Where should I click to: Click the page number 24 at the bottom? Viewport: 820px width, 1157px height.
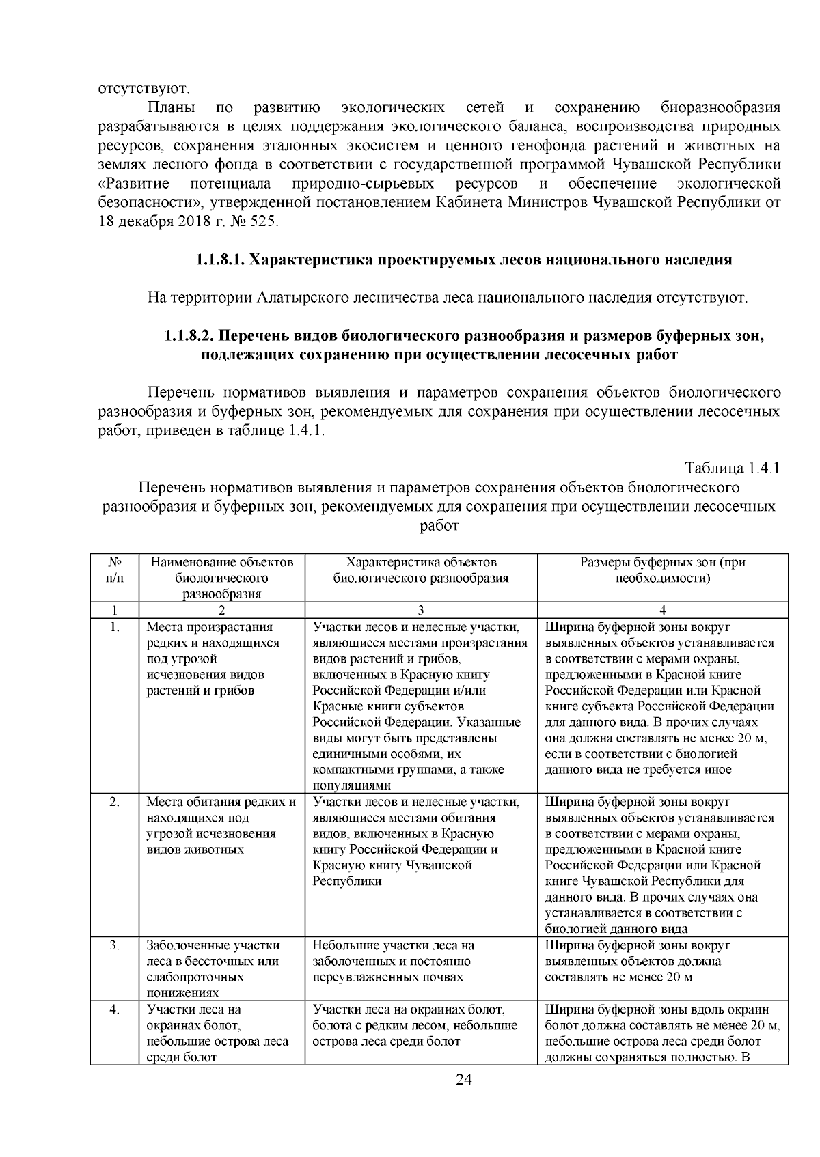pyautogui.click(x=463, y=1080)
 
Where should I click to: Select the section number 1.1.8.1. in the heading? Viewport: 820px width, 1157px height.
pyautogui.click(x=219, y=260)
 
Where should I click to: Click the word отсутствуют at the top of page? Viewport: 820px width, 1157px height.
pyautogui.click(x=142, y=89)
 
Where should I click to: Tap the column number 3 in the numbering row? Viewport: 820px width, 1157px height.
pyautogui.click(x=421, y=611)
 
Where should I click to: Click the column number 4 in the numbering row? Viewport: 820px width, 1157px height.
pyautogui.click(x=662, y=611)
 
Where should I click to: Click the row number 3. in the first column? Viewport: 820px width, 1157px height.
pyautogui.click(x=115, y=946)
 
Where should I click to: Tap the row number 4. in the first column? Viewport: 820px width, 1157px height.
pyautogui.click(x=115, y=1009)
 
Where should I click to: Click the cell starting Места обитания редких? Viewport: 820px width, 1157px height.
pyautogui.click(x=221, y=826)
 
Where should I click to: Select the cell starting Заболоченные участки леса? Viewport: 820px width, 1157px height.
pyautogui.click(x=213, y=969)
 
